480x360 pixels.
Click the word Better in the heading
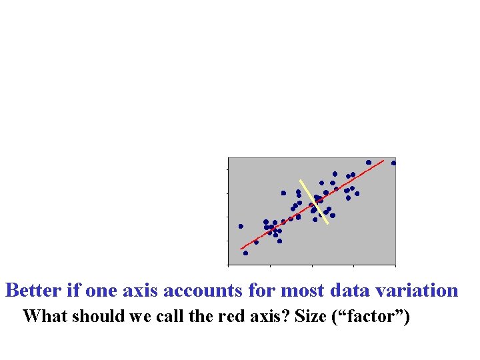point(35,291)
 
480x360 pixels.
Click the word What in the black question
point(44,316)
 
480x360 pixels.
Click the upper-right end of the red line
point(384,160)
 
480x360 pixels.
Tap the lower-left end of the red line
point(241,249)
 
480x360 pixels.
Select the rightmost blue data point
point(393,163)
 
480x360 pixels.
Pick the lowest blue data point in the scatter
point(245,253)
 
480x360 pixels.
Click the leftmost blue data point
point(241,226)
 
